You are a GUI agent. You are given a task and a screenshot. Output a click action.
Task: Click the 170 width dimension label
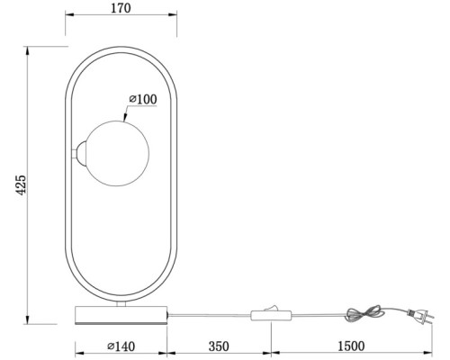(x=121, y=10)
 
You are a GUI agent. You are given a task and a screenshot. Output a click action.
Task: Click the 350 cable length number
(x=220, y=346)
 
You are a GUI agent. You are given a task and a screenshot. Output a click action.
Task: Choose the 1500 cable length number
(x=349, y=346)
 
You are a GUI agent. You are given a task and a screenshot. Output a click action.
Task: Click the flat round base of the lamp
(x=121, y=316)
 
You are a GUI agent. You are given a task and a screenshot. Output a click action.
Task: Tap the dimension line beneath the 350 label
(x=220, y=354)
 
